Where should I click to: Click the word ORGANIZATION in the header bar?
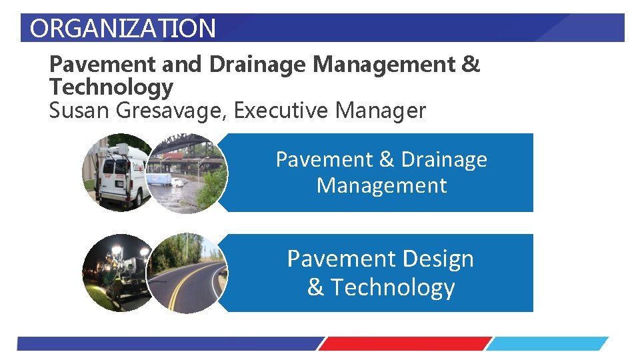click(123, 29)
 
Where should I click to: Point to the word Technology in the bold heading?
click(111, 87)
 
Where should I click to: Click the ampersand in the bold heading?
click(470, 65)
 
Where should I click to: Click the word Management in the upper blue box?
click(381, 185)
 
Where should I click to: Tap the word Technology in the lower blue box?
click(393, 287)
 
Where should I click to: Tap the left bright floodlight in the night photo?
click(115, 251)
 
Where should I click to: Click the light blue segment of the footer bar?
click(547, 344)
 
